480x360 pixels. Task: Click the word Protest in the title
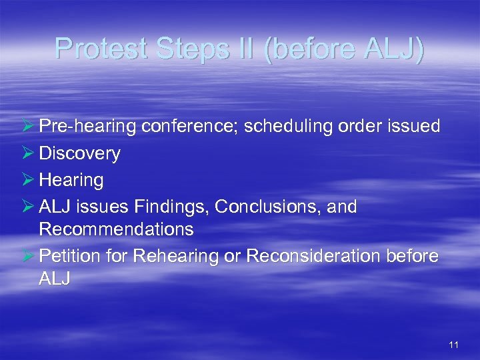(x=101, y=49)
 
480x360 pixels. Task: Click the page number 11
(x=454, y=345)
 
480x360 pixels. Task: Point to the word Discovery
(x=79, y=153)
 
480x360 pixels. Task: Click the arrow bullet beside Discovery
(x=28, y=153)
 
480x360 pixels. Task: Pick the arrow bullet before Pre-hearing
(x=28, y=127)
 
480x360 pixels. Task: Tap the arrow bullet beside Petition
(x=28, y=256)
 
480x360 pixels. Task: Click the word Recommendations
(x=116, y=230)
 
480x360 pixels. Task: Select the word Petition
(x=68, y=256)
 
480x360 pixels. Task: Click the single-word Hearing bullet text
(x=71, y=180)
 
